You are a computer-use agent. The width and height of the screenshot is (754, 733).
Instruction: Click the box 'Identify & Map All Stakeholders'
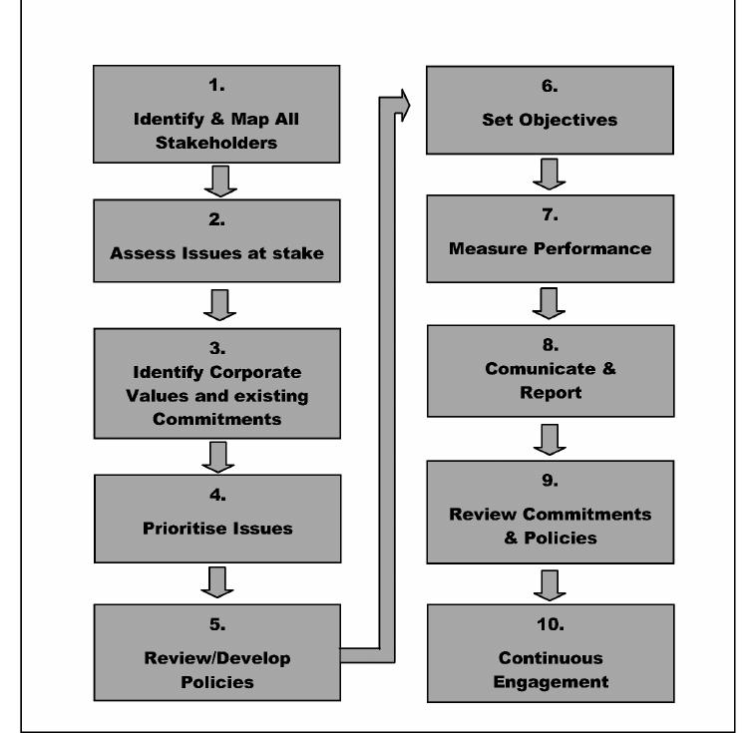tap(217, 114)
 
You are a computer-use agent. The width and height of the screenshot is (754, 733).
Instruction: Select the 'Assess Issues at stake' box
tap(217, 243)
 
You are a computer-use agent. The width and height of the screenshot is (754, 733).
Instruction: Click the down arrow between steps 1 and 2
tap(218, 182)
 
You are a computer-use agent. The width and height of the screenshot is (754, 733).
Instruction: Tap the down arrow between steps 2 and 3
tap(218, 304)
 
